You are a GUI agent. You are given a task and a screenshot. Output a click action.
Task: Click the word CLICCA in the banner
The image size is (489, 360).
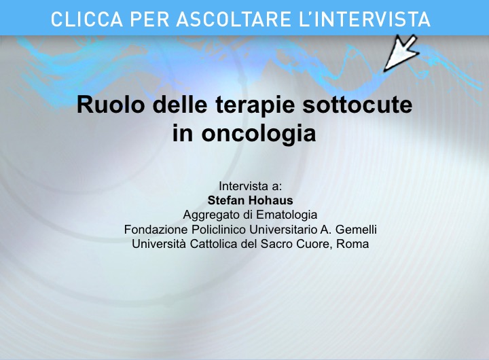coord(87,19)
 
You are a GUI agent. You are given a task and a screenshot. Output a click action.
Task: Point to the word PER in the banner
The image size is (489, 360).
coord(149,19)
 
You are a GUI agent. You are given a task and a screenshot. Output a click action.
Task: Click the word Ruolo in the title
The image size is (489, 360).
coord(111,105)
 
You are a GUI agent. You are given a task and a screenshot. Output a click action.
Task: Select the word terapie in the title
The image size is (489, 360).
coord(255,105)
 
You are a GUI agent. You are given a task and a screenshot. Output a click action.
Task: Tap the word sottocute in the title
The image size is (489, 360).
coord(357,105)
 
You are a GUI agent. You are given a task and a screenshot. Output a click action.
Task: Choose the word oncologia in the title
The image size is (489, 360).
coord(259,134)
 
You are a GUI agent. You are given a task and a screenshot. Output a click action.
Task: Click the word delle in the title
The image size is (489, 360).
coord(180,105)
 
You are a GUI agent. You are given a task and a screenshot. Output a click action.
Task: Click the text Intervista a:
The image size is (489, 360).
coord(250,186)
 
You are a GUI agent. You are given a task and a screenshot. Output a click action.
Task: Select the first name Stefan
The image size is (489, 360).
coord(224,200)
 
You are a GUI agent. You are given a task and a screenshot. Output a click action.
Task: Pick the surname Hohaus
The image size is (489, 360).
coord(268,200)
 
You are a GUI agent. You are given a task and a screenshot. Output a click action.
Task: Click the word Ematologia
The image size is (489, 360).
coord(287,215)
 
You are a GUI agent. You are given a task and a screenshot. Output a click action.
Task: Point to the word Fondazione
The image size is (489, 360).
coord(156,230)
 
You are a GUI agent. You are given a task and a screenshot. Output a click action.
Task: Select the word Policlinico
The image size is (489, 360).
coord(219,230)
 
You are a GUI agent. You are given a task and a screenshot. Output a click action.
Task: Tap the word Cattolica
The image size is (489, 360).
coord(214,244)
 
